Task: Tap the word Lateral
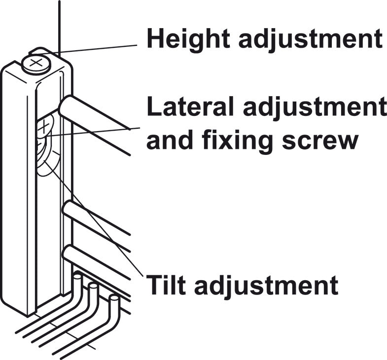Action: click(190, 107)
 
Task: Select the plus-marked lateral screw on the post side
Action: click(44, 126)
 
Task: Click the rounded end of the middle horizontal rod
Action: click(68, 210)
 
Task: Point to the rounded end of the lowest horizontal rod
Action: click(67, 252)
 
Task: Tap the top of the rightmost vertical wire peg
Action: click(114, 298)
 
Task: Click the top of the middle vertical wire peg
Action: click(93, 287)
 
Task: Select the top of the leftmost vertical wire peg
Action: click(78, 276)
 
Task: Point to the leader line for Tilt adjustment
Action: click(93, 218)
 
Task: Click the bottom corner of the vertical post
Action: click(28, 316)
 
